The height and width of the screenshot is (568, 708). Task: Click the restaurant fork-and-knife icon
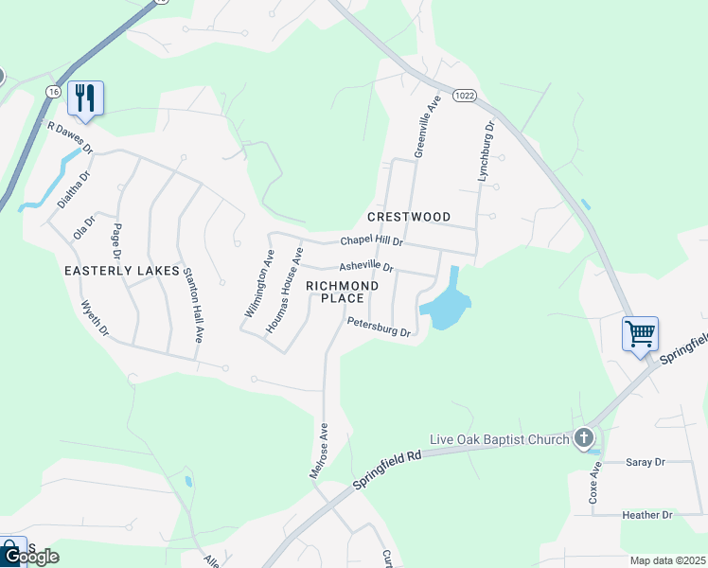[x=85, y=97]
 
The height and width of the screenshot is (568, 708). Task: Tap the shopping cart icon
[x=640, y=333]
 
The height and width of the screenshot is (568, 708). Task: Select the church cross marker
[x=584, y=437]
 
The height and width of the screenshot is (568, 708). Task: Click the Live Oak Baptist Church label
[x=499, y=438]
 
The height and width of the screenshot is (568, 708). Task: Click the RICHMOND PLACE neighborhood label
[x=342, y=292]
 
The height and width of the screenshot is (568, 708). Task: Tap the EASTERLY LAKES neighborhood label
[x=121, y=271]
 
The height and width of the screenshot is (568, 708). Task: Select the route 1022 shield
[x=464, y=95]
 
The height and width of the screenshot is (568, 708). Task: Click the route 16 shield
[x=53, y=92]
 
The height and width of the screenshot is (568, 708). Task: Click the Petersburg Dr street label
[x=378, y=328]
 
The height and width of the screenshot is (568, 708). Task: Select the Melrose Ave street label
[x=319, y=451]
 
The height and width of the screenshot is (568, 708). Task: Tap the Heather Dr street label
[x=646, y=515]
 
